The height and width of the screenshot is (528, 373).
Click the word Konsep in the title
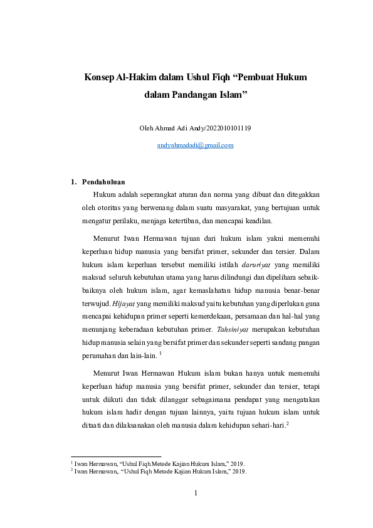click(99, 78)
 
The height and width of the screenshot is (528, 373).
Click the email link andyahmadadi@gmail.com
click(195, 145)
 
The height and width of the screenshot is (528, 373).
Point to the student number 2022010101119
click(224, 129)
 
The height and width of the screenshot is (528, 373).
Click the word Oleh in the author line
click(146, 129)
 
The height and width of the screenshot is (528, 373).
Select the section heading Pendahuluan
click(103, 182)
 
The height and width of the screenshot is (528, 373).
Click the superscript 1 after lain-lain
click(160, 353)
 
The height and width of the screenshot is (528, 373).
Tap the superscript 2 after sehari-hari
click(286, 423)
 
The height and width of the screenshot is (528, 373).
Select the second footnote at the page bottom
click(159, 470)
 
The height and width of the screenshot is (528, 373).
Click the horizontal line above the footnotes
click(116, 457)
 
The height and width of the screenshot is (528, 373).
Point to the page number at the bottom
click(195, 494)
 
